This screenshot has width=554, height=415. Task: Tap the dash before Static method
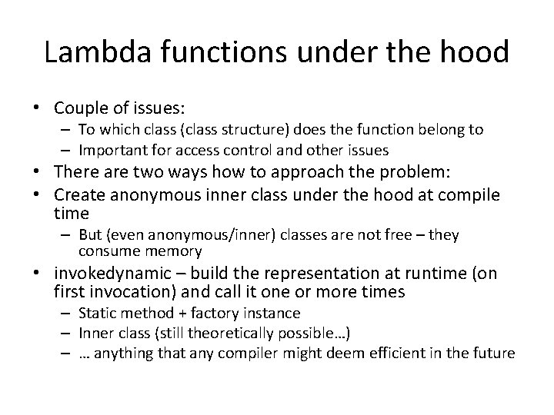(68, 313)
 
